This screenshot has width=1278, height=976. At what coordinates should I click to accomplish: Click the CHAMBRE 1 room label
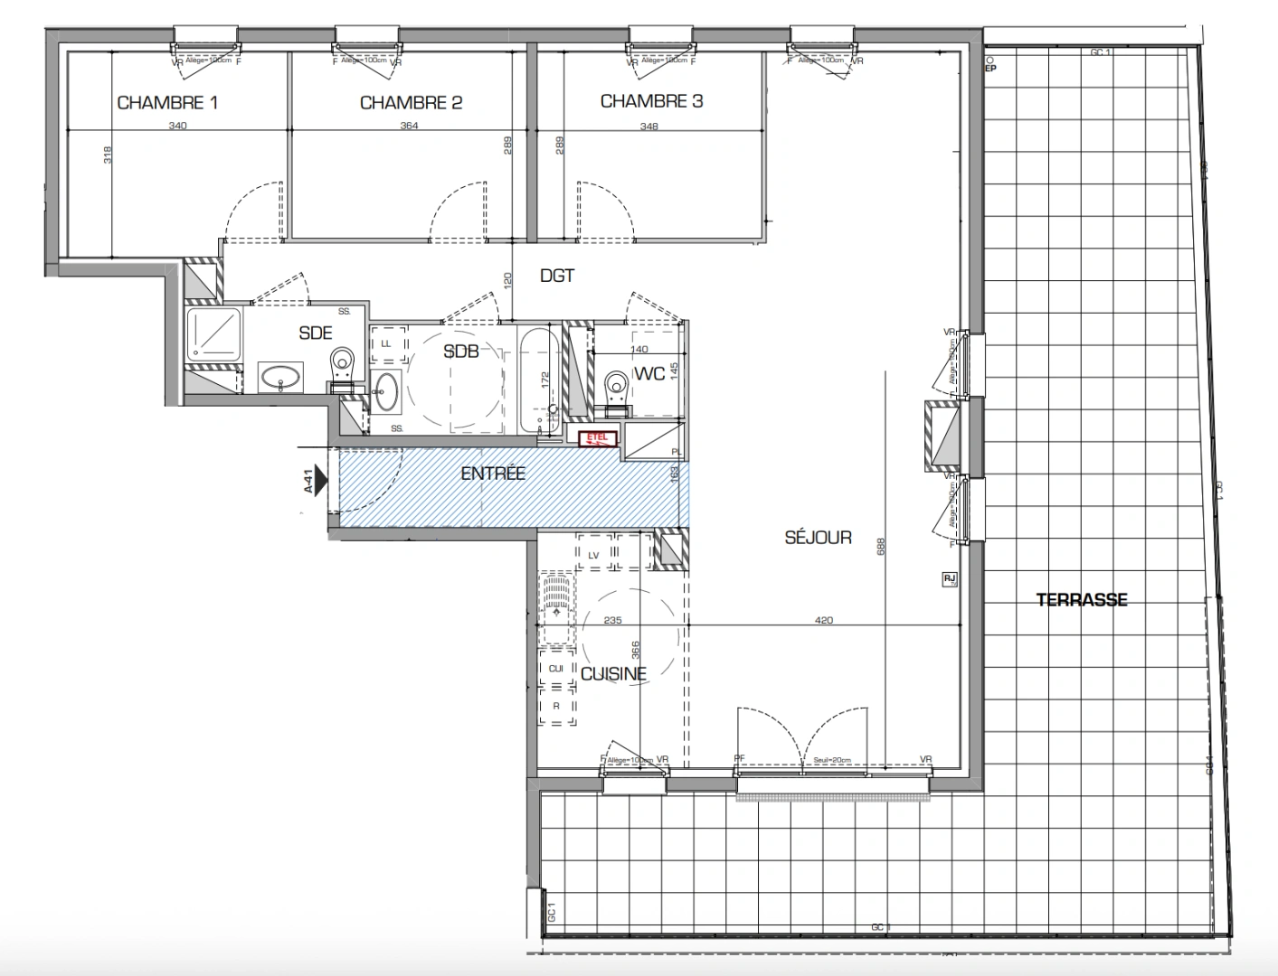[167, 102]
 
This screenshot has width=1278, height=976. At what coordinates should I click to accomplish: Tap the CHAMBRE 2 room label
[411, 102]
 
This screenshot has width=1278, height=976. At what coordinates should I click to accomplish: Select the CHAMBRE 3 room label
[651, 101]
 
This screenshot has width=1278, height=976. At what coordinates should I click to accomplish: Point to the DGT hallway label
[557, 276]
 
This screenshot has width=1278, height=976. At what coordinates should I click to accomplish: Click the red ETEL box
[598, 439]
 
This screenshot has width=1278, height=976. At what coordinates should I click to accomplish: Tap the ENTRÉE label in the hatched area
[493, 473]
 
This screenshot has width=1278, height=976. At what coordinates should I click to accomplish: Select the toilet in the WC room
[617, 389]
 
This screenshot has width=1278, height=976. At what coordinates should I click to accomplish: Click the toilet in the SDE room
[343, 366]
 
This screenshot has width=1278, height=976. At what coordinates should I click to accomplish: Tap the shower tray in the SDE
[213, 333]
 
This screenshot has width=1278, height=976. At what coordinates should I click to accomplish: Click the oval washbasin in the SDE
[282, 376]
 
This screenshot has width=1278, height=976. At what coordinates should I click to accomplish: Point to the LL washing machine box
[387, 343]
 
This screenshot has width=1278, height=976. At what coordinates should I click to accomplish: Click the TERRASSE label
[1082, 599]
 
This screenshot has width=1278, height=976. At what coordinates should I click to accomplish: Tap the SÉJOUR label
[818, 537]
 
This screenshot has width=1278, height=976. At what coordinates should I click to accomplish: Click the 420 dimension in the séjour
[823, 620]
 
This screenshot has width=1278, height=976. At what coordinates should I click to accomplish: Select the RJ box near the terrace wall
[949, 579]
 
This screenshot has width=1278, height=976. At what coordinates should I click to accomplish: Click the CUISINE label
[613, 673]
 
